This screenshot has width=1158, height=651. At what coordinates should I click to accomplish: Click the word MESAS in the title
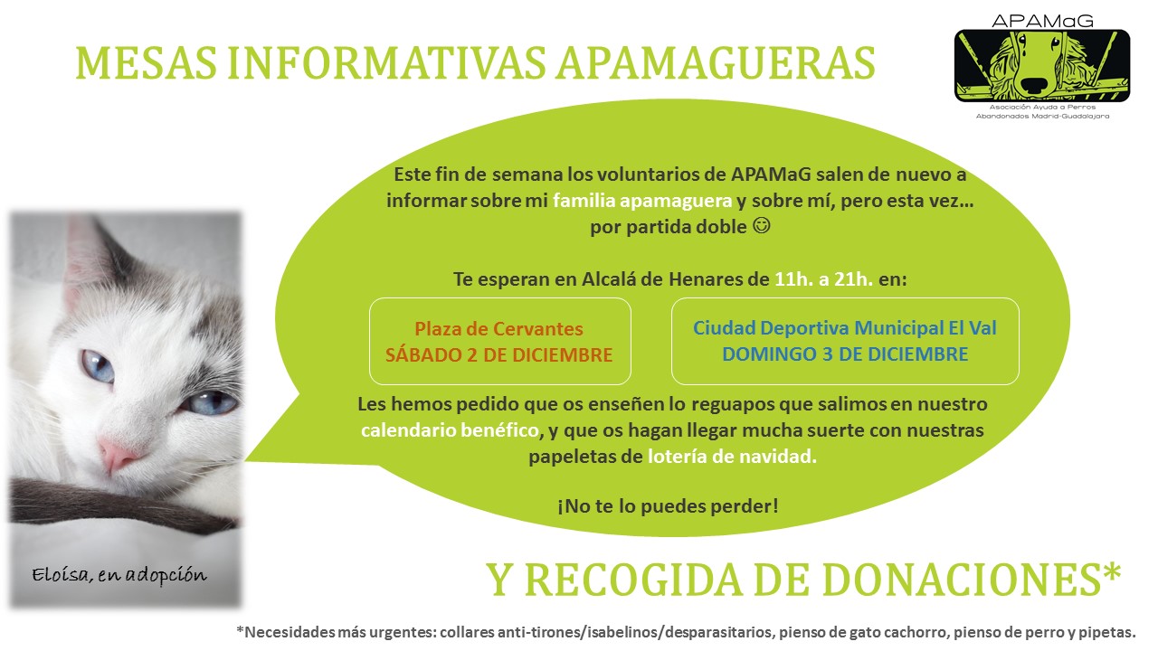click(x=147, y=63)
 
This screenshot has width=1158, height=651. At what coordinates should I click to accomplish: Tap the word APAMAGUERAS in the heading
click(x=716, y=63)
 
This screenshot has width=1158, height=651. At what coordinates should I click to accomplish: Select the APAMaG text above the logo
click(x=1042, y=21)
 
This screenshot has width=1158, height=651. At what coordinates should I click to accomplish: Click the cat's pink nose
click(x=118, y=454)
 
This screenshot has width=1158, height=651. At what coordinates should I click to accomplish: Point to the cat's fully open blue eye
click(x=98, y=365)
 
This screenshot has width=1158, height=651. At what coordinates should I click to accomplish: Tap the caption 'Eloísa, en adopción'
click(x=119, y=575)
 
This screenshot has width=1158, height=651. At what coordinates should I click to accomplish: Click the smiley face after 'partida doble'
click(x=762, y=225)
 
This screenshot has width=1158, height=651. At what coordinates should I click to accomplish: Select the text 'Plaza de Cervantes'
click(x=498, y=328)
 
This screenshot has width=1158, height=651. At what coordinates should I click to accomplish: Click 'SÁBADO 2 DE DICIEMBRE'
click(x=498, y=355)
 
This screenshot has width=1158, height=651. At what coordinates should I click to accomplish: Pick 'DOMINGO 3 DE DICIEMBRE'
click(x=845, y=354)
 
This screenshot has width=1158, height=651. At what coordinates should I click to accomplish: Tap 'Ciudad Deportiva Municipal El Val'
click(x=845, y=327)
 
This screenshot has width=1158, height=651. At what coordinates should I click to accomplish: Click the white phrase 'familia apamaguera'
click(x=642, y=201)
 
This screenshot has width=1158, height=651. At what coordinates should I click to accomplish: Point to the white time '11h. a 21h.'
click(x=823, y=279)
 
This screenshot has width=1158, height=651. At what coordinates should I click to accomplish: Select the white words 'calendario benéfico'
click(x=450, y=429)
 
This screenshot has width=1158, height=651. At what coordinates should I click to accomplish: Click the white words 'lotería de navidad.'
click(x=732, y=457)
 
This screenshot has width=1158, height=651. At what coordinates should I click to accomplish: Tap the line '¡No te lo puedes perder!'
click(x=668, y=505)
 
